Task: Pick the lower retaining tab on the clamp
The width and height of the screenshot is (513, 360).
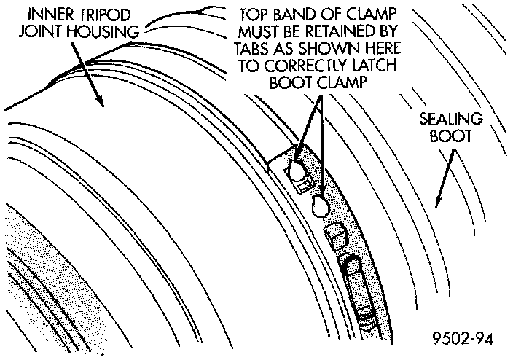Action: pyautogui.click(x=319, y=207)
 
